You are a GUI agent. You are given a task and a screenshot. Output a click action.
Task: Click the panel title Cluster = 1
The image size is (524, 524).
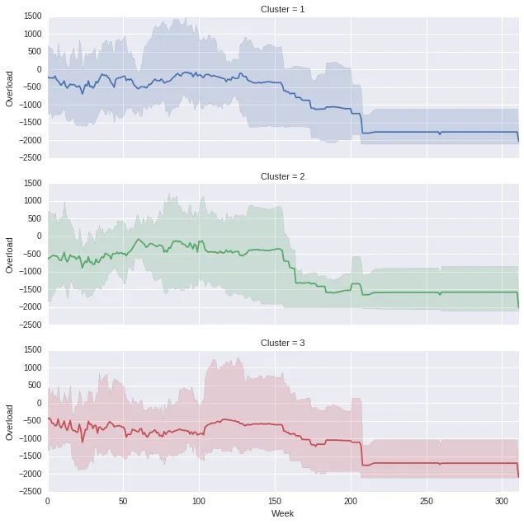[283, 9]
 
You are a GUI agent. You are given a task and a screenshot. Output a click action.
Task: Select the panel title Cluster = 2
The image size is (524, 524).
[283, 176]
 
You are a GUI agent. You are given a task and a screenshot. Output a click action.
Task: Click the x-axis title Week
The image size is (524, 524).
[283, 513]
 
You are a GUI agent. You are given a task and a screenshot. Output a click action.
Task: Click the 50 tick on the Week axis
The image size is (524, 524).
[124, 500]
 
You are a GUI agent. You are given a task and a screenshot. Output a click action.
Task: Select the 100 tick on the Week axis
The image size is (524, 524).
[199, 500]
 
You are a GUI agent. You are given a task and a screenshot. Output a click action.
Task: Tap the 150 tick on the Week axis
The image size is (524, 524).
[275, 500]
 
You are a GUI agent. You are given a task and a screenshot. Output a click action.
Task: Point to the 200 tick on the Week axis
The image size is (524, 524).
[351, 500]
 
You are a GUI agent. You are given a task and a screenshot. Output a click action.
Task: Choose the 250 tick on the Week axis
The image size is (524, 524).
[427, 500]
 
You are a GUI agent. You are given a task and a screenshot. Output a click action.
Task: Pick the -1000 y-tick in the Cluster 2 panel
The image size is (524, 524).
[30, 272]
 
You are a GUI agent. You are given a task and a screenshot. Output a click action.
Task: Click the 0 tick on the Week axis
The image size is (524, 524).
[48, 500]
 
